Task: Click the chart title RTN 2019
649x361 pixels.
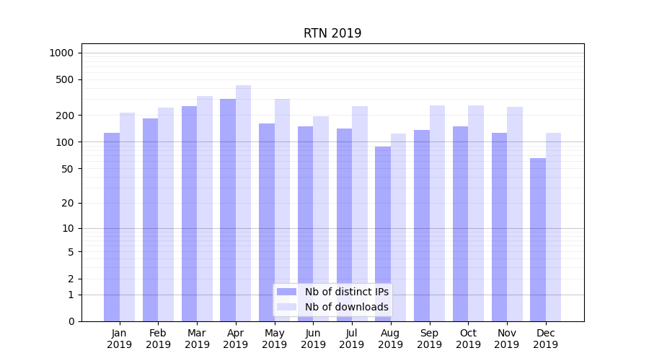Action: point(332,33)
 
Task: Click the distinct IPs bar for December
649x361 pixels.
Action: point(538,240)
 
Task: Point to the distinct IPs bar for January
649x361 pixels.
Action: point(112,227)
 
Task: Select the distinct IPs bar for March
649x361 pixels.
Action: point(189,214)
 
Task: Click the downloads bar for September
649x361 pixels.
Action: point(437,213)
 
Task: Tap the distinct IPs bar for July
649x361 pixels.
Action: point(344,225)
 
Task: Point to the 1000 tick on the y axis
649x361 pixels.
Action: point(61,53)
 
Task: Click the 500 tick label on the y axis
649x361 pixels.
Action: point(64,79)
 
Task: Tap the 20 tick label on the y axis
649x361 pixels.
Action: point(67,203)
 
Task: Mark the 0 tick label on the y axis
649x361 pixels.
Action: point(71,321)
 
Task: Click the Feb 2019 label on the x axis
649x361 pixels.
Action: point(158,339)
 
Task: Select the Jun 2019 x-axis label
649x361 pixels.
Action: point(313,339)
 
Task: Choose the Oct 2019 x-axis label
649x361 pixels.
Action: point(468,339)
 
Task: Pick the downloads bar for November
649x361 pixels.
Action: point(514,214)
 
